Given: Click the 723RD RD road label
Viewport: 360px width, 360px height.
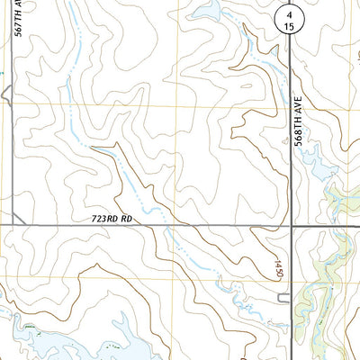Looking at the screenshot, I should pos(112,219).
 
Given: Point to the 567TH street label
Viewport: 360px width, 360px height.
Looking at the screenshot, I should pos(19,18).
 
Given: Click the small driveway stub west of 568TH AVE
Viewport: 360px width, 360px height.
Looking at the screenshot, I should pos(283,298).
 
